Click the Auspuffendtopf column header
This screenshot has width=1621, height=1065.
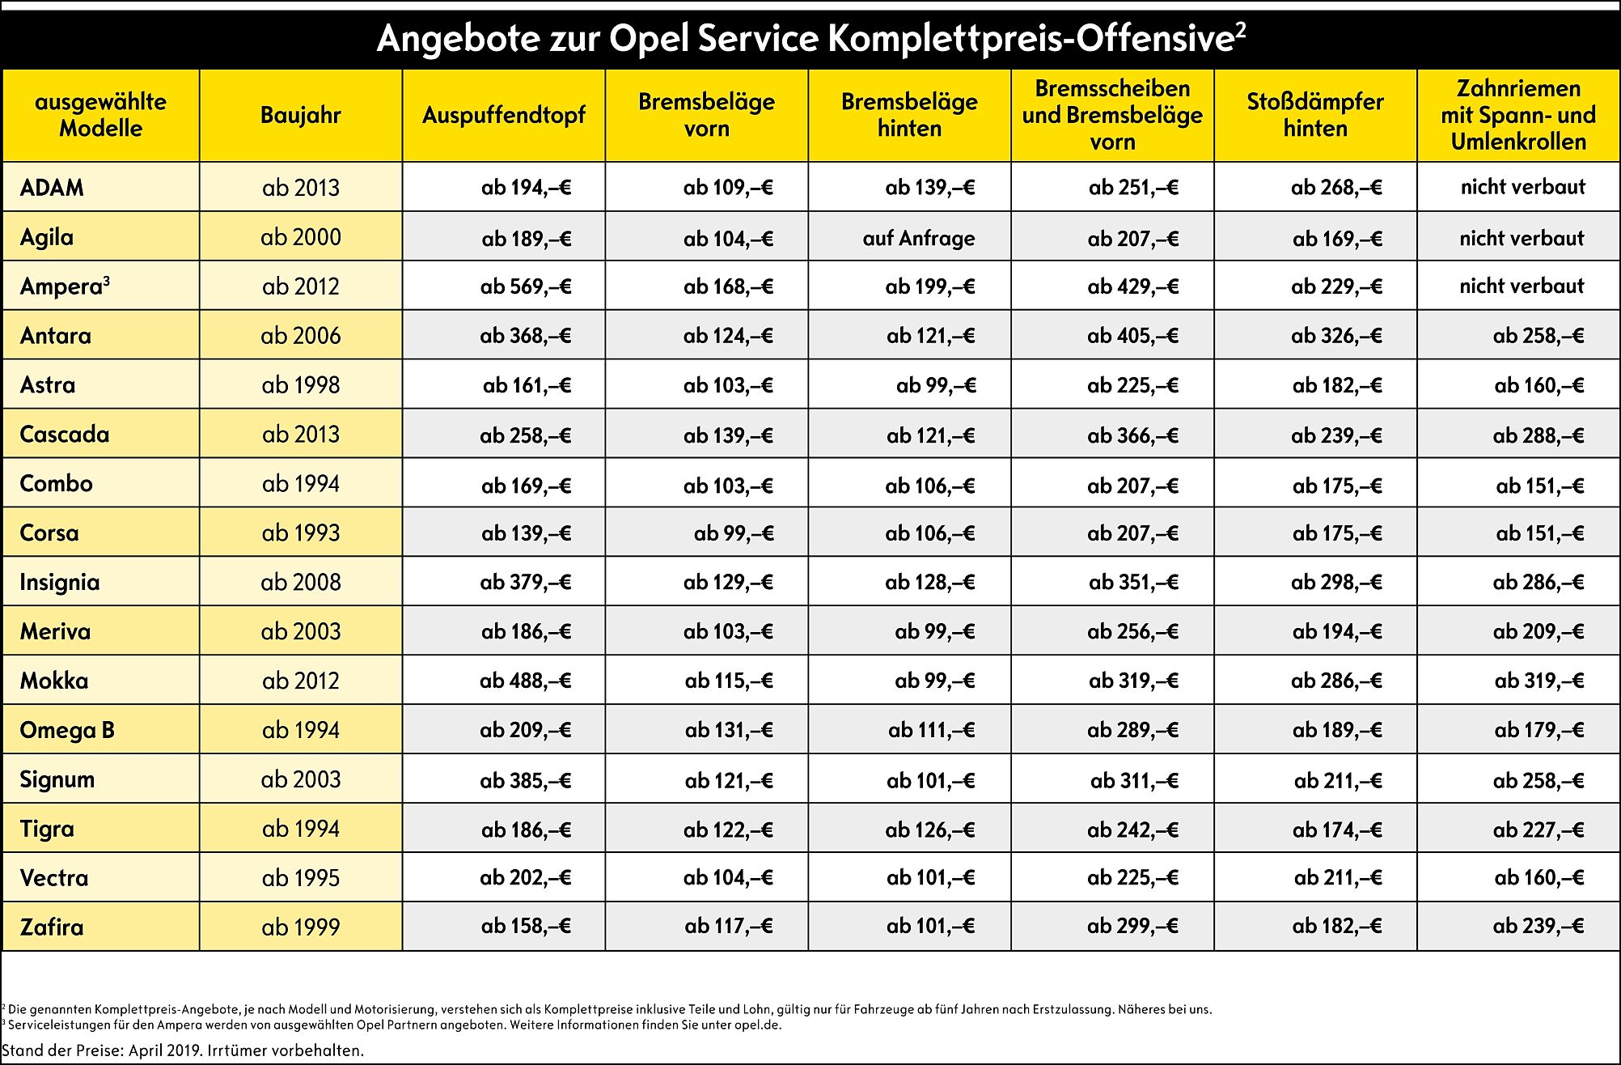pyautogui.click(x=503, y=115)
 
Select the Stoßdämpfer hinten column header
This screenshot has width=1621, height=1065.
pyautogui.click(x=1315, y=115)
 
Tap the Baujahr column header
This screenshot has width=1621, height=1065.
pyautogui.click(x=301, y=115)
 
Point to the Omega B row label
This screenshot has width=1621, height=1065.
pyautogui.click(x=67, y=730)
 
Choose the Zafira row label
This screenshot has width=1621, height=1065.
pyautogui.click(x=52, y=927)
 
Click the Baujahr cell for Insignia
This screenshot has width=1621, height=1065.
pyautogui.click(x=301, y=582)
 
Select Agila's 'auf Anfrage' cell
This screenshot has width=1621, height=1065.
pyautogui.click(x=919, y=238)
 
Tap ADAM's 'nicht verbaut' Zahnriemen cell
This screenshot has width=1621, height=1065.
pyautogui.click(x=1523, y=187)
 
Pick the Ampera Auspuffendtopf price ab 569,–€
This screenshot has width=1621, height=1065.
pyautogui.click(x=526, y=286)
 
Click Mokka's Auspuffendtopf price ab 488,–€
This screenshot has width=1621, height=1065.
pyautogui.click(x=526, y=681)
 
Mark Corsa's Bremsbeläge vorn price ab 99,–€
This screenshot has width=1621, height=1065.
pyautogui.click(x=734, y=533)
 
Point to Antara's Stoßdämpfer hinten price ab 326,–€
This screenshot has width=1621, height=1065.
pyautogui.click(x=1336, y=336)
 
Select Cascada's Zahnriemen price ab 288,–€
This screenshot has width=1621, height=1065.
pyautogui.click(x=1538, y=435)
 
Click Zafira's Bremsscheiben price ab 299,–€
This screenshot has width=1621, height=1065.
pyautogui.click(x=1132, y=926)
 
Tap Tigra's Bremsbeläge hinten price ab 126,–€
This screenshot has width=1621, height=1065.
pyautogui.click(x=930, y=830)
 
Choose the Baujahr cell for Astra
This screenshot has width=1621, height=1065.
pyautogui.click(x=301, y=385)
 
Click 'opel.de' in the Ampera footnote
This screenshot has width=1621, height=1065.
pyautogui.click(x=760, y=1025)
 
